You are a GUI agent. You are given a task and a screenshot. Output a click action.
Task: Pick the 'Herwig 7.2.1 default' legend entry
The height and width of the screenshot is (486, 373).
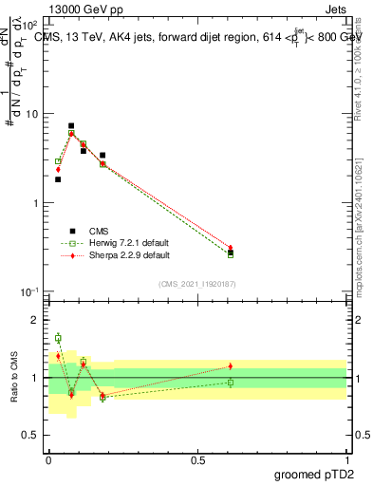point(112,243)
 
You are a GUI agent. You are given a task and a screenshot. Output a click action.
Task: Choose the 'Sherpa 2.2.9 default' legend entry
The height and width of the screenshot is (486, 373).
point(112,255)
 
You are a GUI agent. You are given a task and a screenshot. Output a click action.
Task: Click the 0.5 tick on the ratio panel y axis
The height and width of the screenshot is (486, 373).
point(34,435)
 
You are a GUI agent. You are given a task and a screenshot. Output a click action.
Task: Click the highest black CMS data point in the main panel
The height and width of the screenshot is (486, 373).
point(71,125)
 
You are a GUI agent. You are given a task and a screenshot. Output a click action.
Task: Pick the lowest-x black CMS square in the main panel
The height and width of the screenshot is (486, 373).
point(58,179)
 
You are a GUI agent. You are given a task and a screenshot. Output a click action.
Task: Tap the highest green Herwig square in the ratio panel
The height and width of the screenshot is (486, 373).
point(58,338)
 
